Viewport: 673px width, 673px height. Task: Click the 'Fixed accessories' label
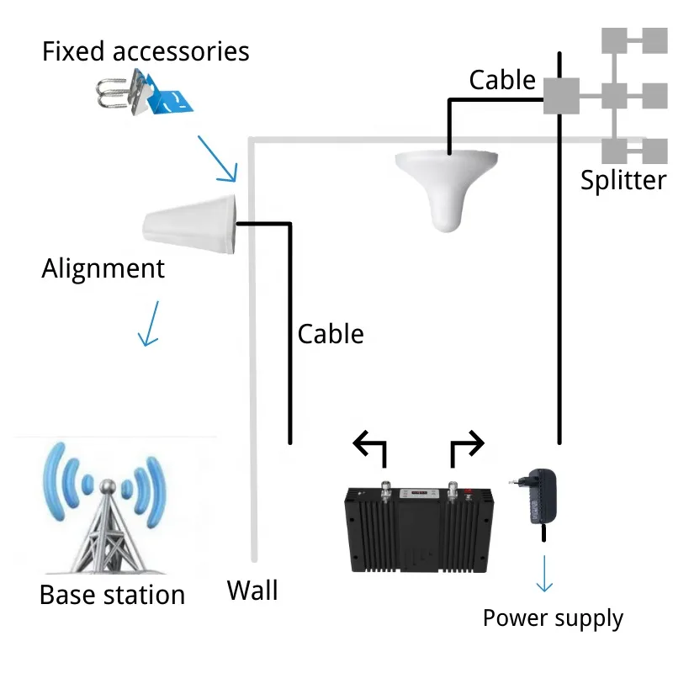point(146,51)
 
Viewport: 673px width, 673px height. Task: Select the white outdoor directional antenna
point(192,222)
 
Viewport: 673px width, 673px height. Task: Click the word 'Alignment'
point(103,269)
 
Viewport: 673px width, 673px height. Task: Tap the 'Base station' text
point(112,595)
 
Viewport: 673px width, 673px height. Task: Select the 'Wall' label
point(252,590)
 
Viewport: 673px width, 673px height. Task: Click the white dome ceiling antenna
point(448,190)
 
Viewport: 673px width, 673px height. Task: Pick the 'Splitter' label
point(623,180)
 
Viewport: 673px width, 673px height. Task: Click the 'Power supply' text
point(553,618)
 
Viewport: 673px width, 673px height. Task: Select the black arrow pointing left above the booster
point(370,447)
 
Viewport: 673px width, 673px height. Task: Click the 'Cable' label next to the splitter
point(502,80)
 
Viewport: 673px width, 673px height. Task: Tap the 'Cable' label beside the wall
point(331,334)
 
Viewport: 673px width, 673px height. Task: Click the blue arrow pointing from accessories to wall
point(217,157)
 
